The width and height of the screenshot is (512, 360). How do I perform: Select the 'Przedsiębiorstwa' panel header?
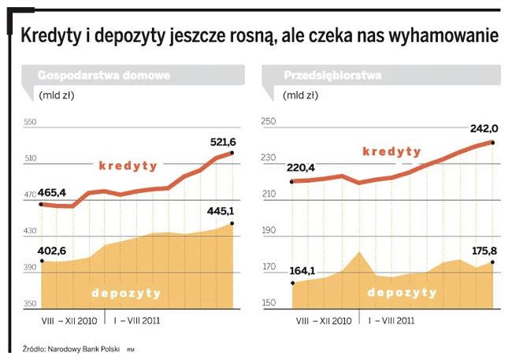click(332, 76)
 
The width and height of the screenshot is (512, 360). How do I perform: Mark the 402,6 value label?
click(53, 251)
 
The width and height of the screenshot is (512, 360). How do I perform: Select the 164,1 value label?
click(301, 271)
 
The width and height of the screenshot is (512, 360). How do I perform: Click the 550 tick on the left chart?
click(31, 122)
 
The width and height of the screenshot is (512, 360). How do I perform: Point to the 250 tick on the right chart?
click(268, 122)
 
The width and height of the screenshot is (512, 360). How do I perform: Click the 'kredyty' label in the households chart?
click(128, 166)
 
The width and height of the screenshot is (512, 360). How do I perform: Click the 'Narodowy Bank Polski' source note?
click(82, 347)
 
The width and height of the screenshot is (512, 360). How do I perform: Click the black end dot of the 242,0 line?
click(492, 143)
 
